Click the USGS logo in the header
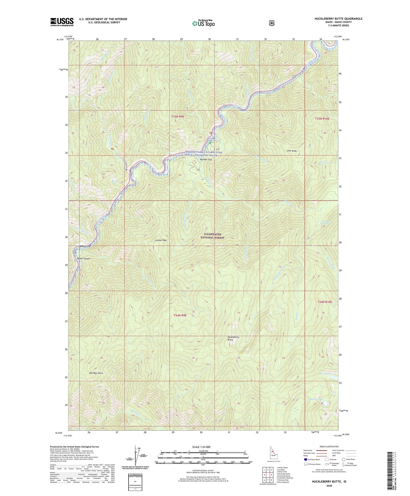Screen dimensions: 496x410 click(x=62, y=22)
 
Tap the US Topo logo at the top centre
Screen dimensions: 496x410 click(x=203, y=23)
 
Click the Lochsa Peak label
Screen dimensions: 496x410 click(x=161, y=240)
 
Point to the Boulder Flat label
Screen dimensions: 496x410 click(x=206, y=160)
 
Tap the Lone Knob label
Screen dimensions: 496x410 click(x=291, y=151)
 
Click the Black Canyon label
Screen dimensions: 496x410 click(x=84, y=259)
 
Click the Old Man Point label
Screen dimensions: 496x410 click(x=96, y=373)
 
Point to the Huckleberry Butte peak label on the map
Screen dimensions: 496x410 click(x=234, y=338)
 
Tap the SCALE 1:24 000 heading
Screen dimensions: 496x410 click(x=201, y=447)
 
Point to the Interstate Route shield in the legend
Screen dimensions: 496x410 click(x=305, y=459)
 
